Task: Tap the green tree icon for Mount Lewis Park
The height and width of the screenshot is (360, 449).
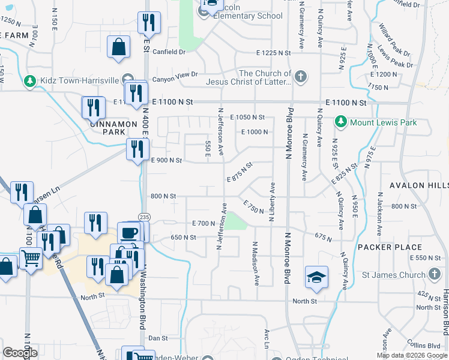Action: tap(341, 122)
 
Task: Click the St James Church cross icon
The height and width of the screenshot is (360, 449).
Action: tap(435, 275)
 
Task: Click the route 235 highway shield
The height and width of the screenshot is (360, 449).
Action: tap(145, 217)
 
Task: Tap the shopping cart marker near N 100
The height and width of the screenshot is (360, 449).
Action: tap(30, 259)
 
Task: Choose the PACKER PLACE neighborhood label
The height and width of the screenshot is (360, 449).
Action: tap(390, 247)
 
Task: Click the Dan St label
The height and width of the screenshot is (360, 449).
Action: tap(157, 338)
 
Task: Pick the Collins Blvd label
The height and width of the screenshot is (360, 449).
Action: tap(426, 346)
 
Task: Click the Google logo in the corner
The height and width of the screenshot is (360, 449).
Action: tap(20, 353)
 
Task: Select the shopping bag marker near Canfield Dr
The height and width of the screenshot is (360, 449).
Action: tap(119, 46)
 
